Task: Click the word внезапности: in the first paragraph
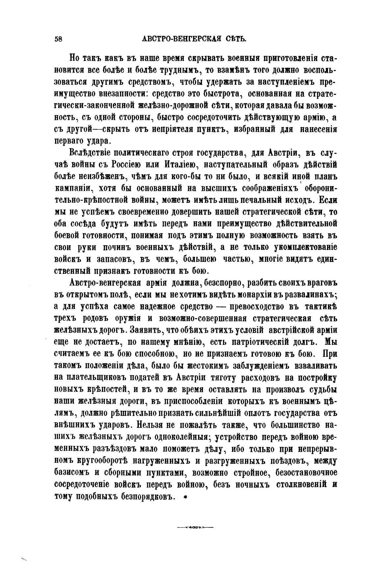pyautogui.click(x=122, y=94)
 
